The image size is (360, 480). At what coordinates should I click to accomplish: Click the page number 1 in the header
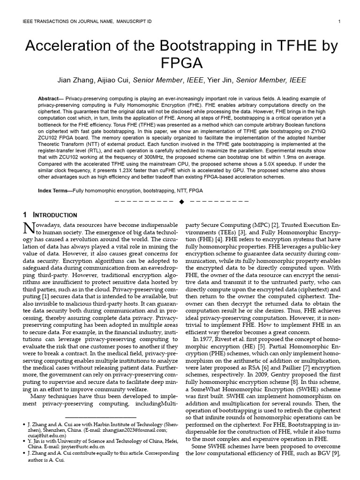click(338, 22)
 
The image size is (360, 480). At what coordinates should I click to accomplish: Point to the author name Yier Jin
click(219, 80)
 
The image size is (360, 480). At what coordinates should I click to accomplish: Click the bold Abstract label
click(51, 99)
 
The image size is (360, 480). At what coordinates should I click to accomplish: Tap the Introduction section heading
click(52, 215)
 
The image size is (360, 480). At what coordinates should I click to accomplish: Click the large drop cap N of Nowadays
click(29, 228)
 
